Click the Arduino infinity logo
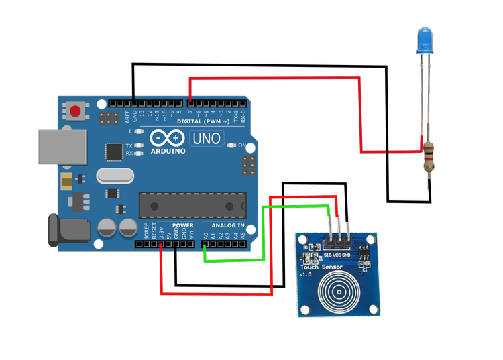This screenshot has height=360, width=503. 168,139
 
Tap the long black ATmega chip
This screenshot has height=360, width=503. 192,204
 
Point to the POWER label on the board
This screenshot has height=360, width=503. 182,225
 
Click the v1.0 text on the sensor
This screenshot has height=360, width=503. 306,275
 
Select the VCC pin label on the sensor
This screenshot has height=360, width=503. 337,255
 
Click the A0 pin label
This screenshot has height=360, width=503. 205,235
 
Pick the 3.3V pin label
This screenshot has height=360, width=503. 161,234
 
